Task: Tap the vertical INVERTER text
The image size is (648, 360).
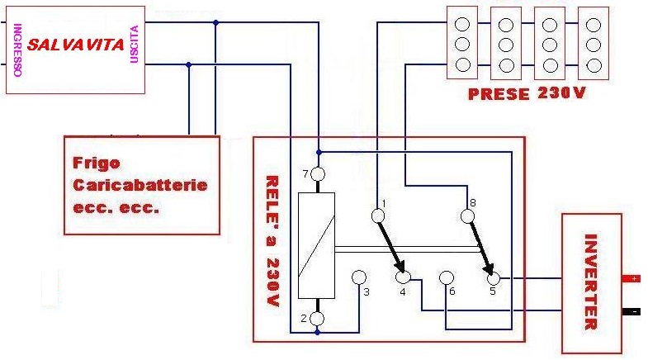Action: pos(590,282)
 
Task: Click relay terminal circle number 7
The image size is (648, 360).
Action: pos(319,174)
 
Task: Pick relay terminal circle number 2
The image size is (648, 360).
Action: pos(318,318)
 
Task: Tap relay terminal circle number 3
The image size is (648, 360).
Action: pos(360,277)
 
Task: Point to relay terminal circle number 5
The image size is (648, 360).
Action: pos(494,278)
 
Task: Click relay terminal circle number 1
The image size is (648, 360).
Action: pos(378,216)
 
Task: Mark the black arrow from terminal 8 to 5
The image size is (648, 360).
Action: pos(480,247)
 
